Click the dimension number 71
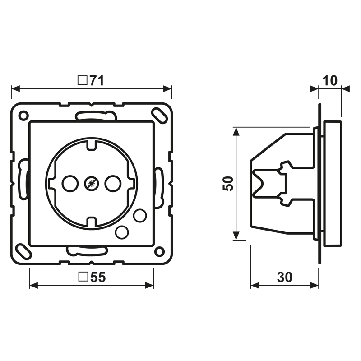tap(97, 80)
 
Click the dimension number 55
tap(98, 277)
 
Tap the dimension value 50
tap(228, 184)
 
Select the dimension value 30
tap(285, 277)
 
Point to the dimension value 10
tap(330, 80)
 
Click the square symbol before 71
tap(82, 80)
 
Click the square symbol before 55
tap(83, 277)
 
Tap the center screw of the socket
tap(92, 184)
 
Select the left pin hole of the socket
tap(70, 184)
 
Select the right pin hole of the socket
tap(113, 184)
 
